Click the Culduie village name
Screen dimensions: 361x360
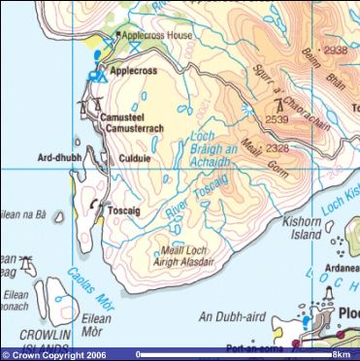(133, 154)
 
